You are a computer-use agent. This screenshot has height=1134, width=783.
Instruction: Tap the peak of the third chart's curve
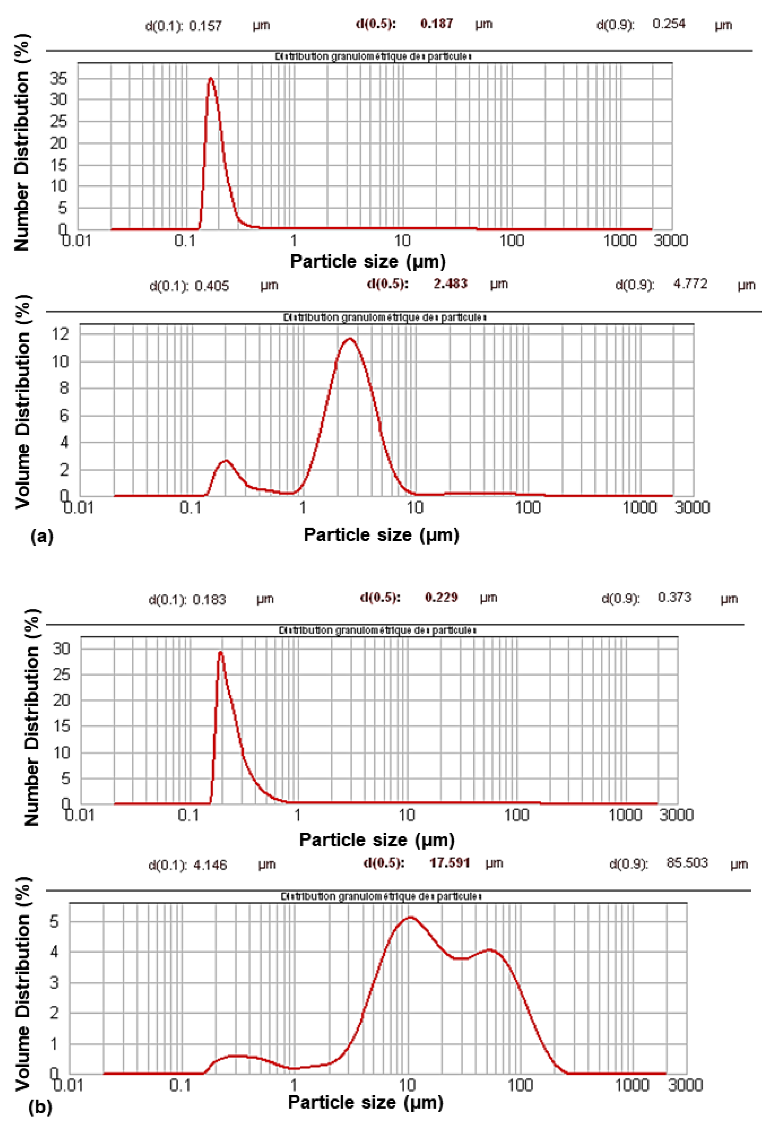pos(221,652)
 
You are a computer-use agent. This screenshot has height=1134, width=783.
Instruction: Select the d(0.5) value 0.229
pos(441,597)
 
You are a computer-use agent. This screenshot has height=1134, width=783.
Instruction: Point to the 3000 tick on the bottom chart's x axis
pos(685,1085)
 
